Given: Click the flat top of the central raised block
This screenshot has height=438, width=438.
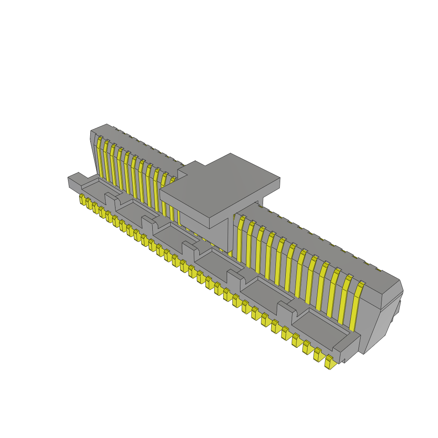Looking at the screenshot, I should [x=220, y=186].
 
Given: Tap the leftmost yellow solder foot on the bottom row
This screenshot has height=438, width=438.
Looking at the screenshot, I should [x=82, y=199].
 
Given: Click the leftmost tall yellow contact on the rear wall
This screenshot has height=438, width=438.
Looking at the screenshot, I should [x=99, y=158].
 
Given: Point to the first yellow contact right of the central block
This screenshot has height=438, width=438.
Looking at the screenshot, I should [x=240, y=240].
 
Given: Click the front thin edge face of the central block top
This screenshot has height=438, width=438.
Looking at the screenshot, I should [x=184, y=210].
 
